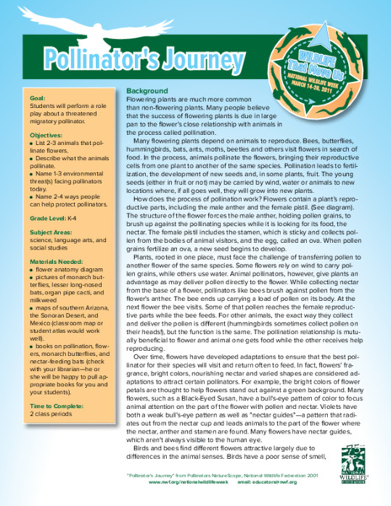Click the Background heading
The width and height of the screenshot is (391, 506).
(148, 90)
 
